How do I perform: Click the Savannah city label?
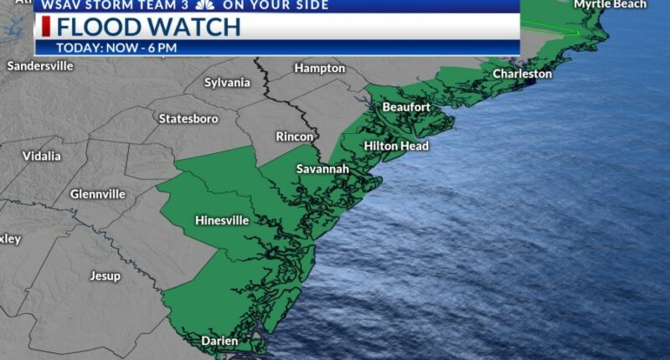pyautogui.click(x=322, y=169)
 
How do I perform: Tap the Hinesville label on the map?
pyautogui.click(x=222, y=221)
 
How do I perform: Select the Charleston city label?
pyautogui.click(x=522, y=74)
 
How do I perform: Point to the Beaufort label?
pyautogui.click(x=406, y=107)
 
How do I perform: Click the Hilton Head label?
pyautogui.click(x=396, y=147)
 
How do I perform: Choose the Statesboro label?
pyautogui.click(x=188, y=119)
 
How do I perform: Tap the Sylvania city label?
pyautogui.click(x=228, y=82)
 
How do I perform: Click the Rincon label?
pyautogui.click(x=295, y=136)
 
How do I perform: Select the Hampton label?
pyautogui.click(x=320, y=68)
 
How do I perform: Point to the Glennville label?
pyautogui.click(x=98, y=194)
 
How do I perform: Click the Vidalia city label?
pyautogui.click(x=42, y=156)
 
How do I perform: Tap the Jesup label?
pyautogui.click(x=105, y=275)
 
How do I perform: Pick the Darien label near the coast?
pyautogui.click(x=219, y=341)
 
